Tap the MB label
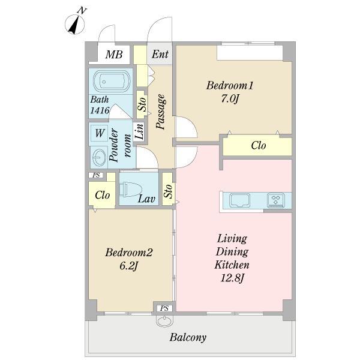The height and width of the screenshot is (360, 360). (x=114, y=55)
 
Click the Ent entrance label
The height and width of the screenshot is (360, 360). (x=160, y=54)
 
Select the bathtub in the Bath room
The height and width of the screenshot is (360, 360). (x=112, y=81)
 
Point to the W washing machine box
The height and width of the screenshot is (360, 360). (x=100, y=133)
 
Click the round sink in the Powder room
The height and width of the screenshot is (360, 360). (x=99, y=157)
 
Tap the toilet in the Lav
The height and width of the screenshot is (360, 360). (x=130, y=190)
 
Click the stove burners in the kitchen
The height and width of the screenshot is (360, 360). (x=276, y=200)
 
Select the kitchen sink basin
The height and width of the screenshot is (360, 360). (x=240, y=200)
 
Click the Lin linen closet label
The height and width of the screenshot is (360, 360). (x=140, y=131)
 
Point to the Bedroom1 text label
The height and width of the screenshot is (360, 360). (x=230, y=86)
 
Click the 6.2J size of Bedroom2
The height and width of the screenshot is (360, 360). (x=128, y=266)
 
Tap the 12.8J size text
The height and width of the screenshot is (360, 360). (x=232, y=278)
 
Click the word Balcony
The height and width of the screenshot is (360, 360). (x=188, y=337)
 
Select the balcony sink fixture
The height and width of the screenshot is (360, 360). (x=164, y=320)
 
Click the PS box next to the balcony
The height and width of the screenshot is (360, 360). (x=164, y=308)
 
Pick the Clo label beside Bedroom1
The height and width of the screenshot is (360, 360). (x=258, y=146)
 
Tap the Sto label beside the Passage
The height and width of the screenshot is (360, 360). (x=142, y=104)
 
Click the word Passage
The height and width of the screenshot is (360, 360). (x=161, y=112)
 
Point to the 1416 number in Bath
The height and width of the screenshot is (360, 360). (x=100, y=110)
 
